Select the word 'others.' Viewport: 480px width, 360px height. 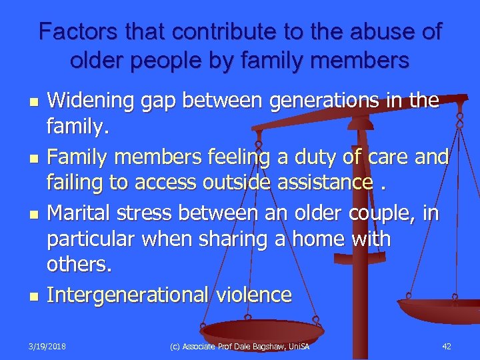pos(79,265)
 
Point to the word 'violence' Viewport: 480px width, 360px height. pos(253,295)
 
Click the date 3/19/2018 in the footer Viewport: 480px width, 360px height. pos(49,345)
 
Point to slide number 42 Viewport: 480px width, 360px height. pos(447,345)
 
